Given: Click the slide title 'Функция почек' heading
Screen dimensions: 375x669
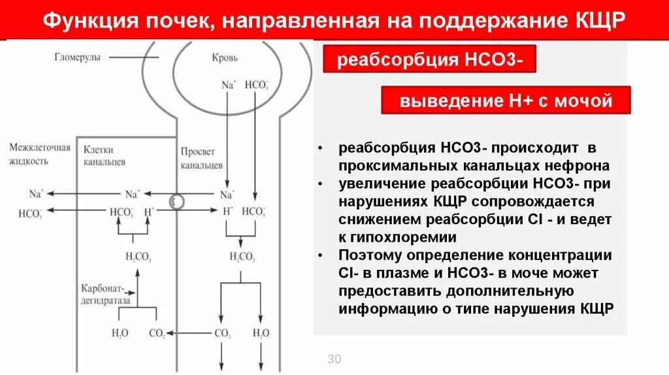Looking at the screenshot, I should [334, 20].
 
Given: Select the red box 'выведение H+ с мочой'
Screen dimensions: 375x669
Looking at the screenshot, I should [506, 101].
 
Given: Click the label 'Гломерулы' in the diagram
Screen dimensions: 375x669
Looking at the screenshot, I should [78, 57].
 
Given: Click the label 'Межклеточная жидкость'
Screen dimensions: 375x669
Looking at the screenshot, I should [39, 154].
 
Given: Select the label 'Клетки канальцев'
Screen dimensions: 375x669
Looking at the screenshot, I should [105, 155].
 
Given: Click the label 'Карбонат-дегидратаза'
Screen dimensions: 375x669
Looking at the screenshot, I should [106, 294].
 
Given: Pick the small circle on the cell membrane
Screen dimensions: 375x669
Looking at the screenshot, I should [176, 203].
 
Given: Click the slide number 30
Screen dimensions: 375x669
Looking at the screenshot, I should [334, 359].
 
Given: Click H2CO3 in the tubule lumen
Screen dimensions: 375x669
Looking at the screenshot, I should [242, 257].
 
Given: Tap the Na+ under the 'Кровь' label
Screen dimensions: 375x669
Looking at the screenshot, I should [228, 84].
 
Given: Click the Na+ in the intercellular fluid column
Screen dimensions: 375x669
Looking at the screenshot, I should [37, 194].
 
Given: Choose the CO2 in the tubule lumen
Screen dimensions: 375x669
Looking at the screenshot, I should [223, 333].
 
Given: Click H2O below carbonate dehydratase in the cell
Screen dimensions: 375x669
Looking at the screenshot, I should [120, 333].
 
